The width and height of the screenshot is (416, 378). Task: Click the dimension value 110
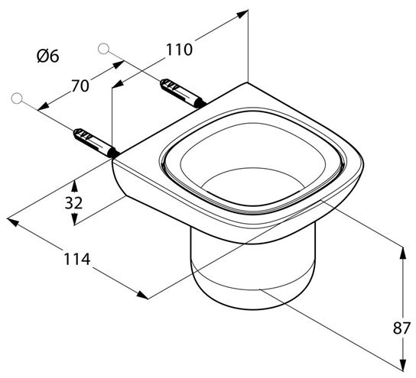click(179, 50)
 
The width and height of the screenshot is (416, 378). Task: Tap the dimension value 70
click(80, 86)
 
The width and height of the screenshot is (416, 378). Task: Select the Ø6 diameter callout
click(48, 57)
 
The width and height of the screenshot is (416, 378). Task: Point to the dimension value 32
click(73, 202)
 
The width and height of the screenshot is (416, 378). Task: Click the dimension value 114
click(77, 259)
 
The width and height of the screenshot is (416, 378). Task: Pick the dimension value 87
click(401, 328)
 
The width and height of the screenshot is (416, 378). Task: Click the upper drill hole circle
click(103, 49)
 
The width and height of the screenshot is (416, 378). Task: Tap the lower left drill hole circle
click(17, 98)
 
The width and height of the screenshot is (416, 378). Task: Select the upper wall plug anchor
click(183, 93)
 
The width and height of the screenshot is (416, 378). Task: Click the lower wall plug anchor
click(96, 143)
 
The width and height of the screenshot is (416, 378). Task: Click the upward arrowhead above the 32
click(74, 186)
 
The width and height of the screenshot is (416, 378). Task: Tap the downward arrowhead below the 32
click(74, 219)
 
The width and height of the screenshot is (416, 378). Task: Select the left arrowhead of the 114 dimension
click(13, 222)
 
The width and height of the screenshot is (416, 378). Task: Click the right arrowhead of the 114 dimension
click(142, 295)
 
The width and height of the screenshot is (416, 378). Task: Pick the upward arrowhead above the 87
click(403, 253)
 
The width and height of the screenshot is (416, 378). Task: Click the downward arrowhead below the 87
click(403, 365)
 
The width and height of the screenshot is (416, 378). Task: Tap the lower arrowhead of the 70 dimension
click(44, 106)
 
